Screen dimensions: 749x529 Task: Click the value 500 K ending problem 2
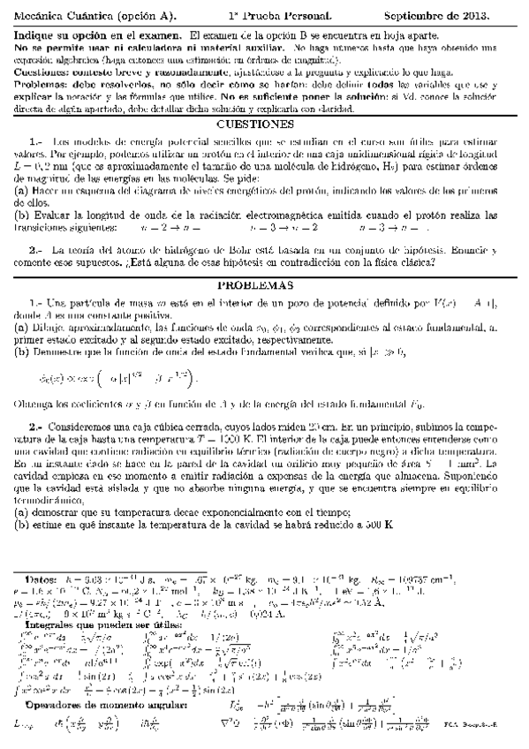376,524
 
